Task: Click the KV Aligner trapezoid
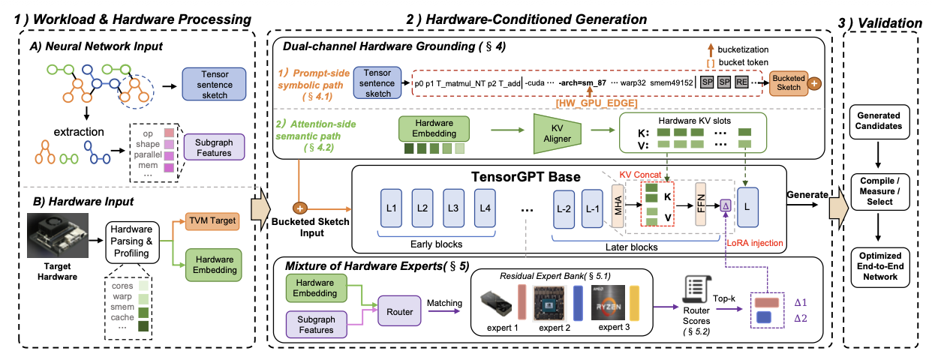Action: (557, 133)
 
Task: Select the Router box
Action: (399, 311)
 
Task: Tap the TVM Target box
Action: (212, 220)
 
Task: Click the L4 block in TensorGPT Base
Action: (486, 208)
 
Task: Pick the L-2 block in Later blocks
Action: (564, 208)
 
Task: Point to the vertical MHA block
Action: (618, 205)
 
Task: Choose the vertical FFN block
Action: (701, 204)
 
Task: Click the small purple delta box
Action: (726, 205)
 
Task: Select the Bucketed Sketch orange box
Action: (789, 83)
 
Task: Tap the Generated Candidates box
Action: (879, 121)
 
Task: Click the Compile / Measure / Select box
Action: (880, 191)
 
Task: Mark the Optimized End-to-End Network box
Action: (880, 266)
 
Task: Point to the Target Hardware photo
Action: (58, 235)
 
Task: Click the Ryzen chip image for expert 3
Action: (608, 302)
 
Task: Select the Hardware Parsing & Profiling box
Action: (132, 242)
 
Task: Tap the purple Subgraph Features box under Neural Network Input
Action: (214, 147)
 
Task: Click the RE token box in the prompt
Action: (741, 82)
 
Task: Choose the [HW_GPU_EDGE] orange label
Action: (597, 103)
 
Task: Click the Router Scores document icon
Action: (697, 289)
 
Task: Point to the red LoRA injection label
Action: (755, 243)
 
